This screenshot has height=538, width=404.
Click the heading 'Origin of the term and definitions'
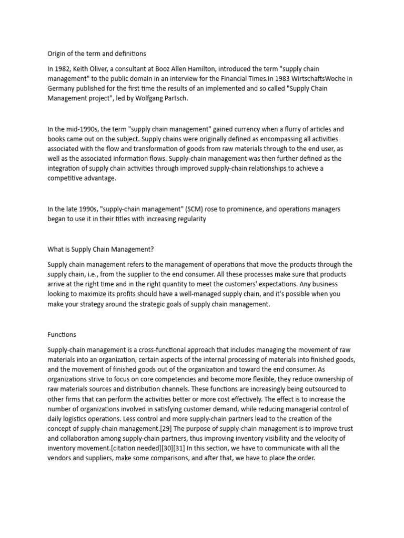click(97, 54)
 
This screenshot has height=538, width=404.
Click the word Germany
click(62, 89)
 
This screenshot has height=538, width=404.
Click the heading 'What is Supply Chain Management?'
click(100, 249)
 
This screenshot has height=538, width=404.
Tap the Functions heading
click(62, 334)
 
